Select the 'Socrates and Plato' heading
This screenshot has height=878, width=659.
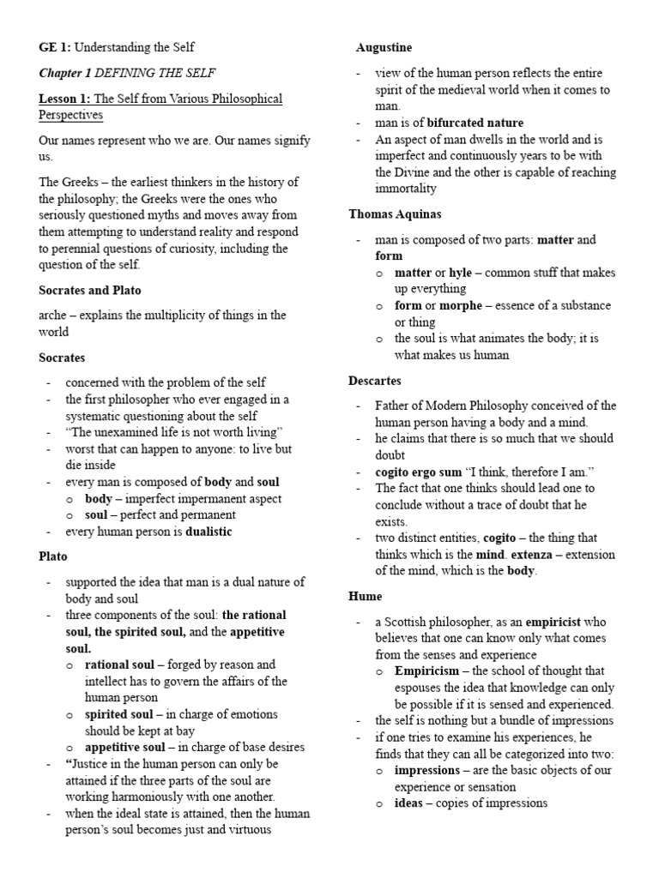(x=90, y=291)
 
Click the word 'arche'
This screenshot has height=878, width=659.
(x=54, y=316)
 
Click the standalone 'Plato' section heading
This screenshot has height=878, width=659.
(x=53, y=556)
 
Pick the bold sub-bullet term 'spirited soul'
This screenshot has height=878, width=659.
(x=119, y=714)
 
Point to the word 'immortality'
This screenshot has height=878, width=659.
(x=406, y=189)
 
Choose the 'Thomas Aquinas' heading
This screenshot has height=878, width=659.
(x=395, y=213)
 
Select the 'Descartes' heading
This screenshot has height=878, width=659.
(x=375, y=380)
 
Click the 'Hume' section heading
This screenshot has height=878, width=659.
(x=365, y=595)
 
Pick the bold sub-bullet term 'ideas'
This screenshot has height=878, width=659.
(x=410, y=803)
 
